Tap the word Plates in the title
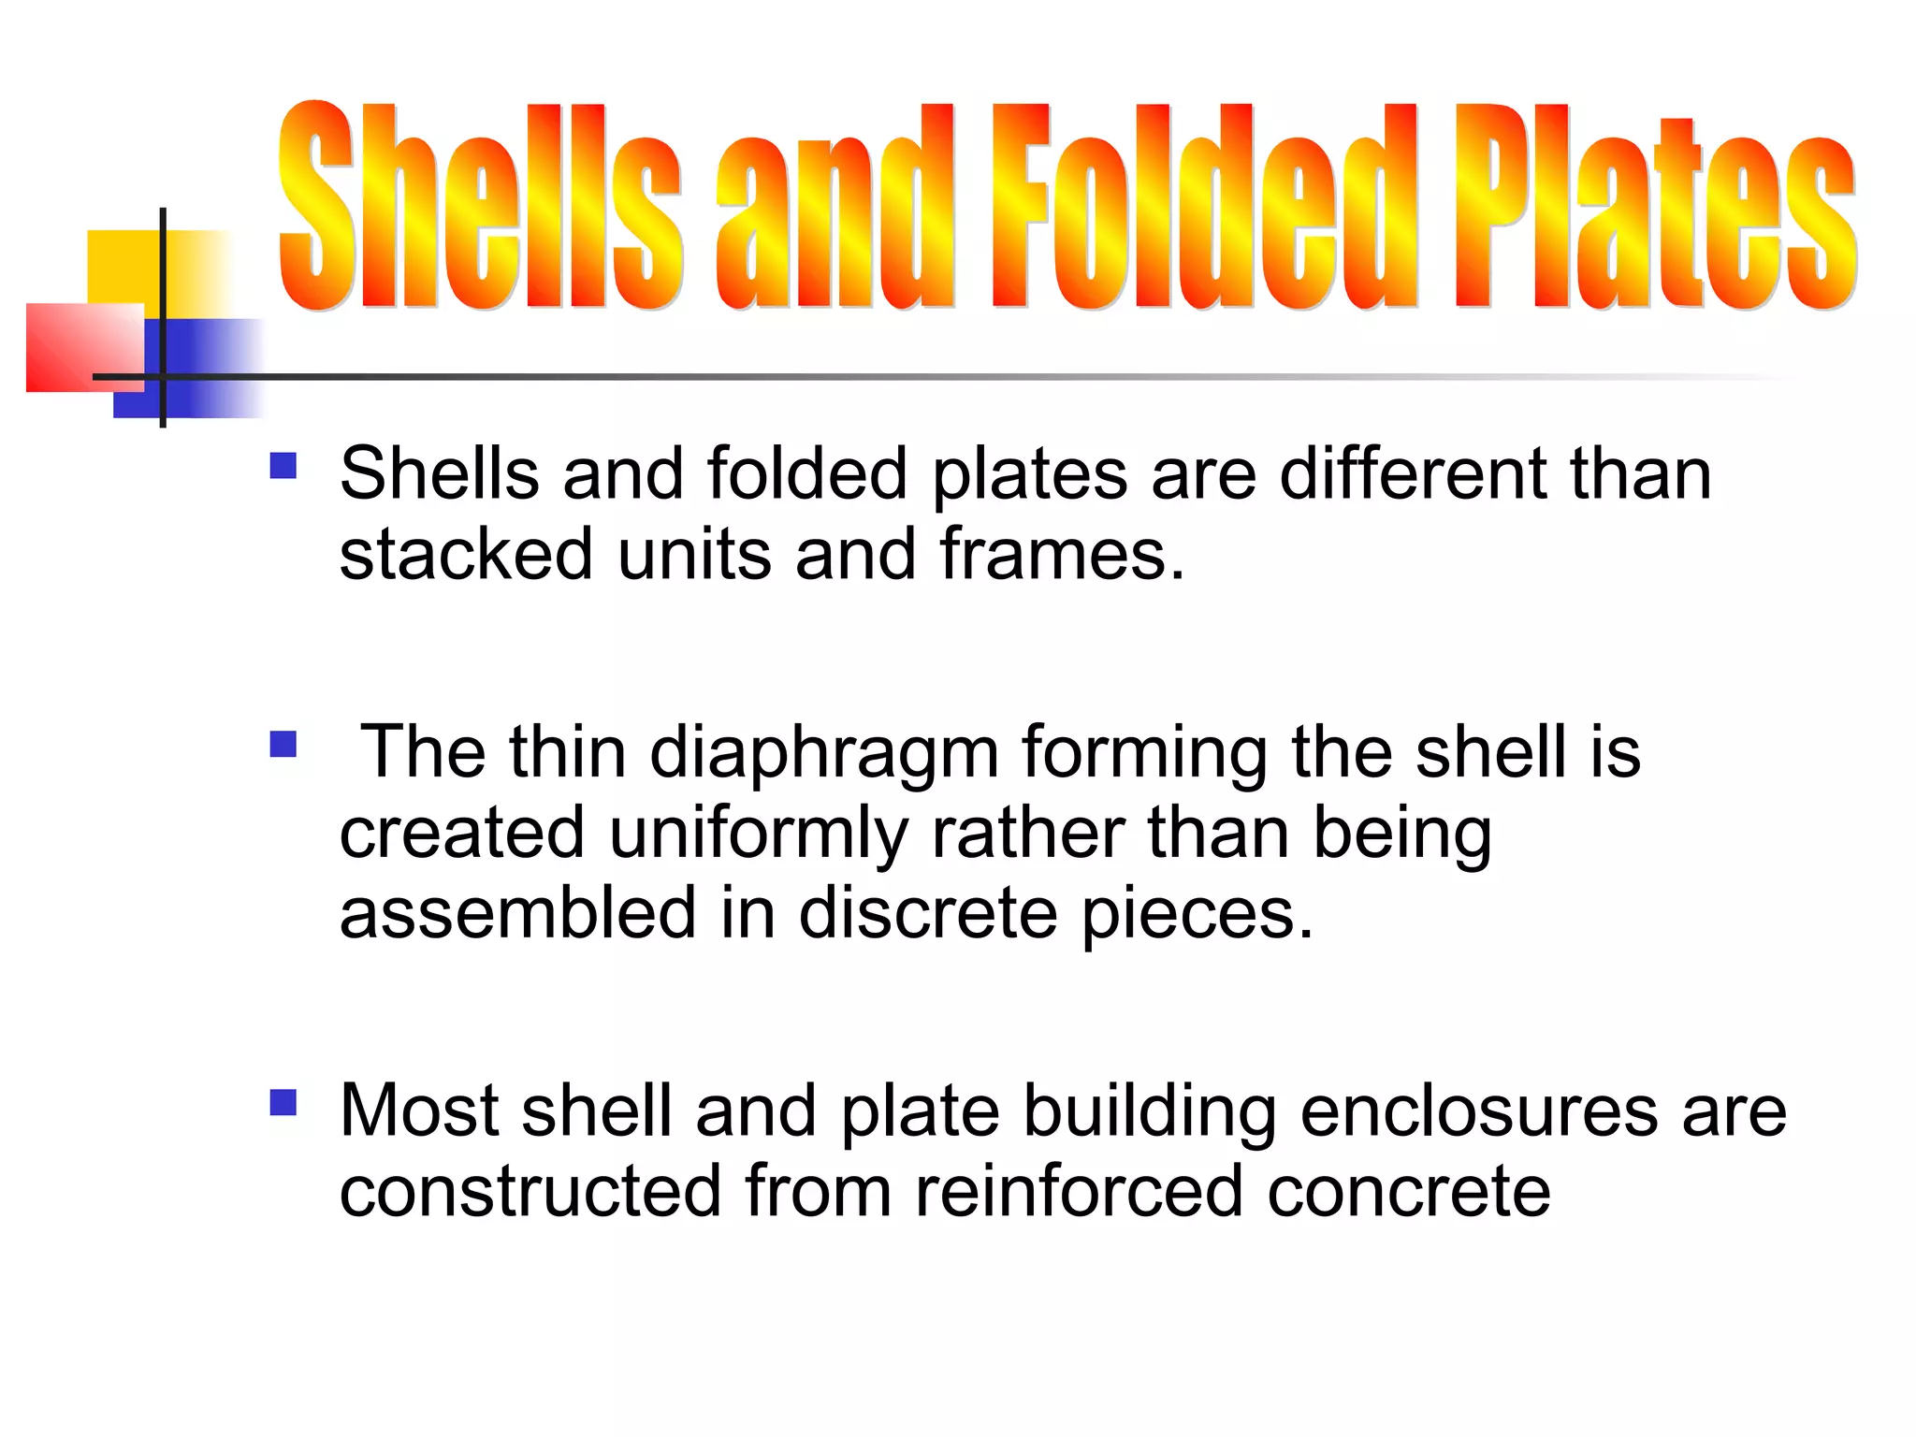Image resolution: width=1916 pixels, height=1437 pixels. pos(1653,210)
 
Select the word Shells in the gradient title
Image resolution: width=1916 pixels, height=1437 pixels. pos(479,208)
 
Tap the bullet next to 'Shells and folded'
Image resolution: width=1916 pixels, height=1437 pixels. pos(283,466)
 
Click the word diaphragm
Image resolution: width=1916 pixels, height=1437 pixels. pos(823,754)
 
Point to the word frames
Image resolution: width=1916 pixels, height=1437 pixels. pos(1062,554)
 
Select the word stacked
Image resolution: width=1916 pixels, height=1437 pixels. pos(466,554)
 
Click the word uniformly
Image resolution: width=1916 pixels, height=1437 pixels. pos(758,834)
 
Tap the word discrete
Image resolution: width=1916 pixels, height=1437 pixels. pos(927,913)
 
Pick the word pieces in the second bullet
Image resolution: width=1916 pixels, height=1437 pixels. pos(1197,915)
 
